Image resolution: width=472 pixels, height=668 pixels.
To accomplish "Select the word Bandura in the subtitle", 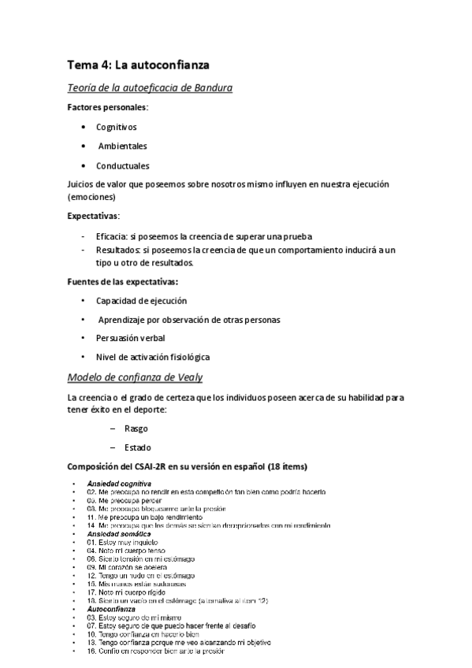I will (210, 87).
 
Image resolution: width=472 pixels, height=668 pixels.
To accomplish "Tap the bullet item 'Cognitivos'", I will (117, 126).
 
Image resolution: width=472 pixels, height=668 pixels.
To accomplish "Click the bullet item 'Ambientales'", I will (122, 146).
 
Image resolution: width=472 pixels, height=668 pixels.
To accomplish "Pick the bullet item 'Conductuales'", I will (122, 165).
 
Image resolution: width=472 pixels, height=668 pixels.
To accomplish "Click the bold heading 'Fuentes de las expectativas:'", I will (122, 281).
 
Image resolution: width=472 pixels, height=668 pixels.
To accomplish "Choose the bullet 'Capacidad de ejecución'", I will (141, 300).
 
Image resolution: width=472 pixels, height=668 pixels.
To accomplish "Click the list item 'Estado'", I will (138, 447).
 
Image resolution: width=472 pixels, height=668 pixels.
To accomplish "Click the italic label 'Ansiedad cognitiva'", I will (119, 483).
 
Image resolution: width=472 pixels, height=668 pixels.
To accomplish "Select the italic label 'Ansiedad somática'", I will (119, 534).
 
